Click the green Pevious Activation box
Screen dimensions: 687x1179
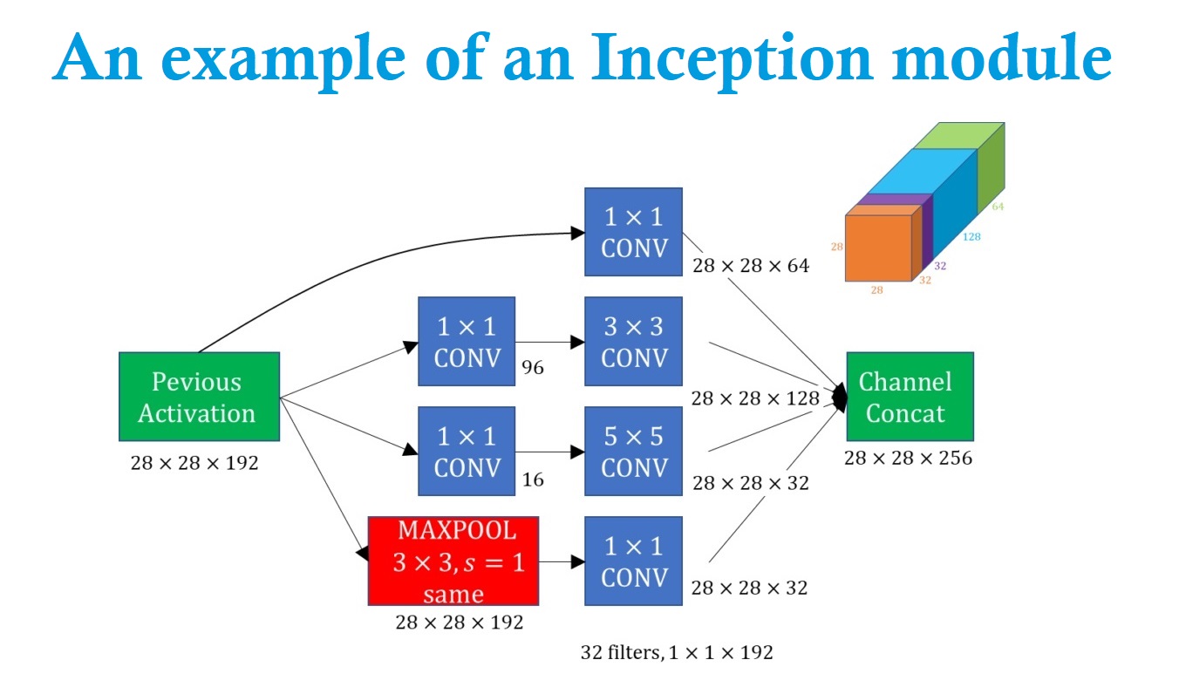[x=199, y=397]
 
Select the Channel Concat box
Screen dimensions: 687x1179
[x=909, y=397]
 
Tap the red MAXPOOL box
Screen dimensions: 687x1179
[x=453, y=561]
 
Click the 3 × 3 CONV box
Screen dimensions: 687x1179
[x=633, y=341]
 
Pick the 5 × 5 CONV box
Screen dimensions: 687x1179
[x=633, y=451]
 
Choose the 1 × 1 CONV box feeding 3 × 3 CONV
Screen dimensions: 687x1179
[x=467, y=341]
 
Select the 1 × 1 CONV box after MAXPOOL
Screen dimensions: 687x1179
[x=633, y=561]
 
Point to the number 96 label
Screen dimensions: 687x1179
[x=532, y=368]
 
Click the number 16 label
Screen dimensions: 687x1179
[x=532, y=479]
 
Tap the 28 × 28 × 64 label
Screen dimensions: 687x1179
[x=750, y=265]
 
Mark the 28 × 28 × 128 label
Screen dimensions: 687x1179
[x=755, y=398]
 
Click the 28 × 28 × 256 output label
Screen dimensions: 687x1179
[x=908, y=457]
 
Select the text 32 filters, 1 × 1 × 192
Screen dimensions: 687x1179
[x=677, y=652]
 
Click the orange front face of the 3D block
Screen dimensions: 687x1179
[x=877, y=248]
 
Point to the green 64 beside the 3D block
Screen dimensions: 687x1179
[x=997, y=207]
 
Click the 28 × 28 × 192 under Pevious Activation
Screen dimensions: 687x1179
[x=194, y=463]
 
